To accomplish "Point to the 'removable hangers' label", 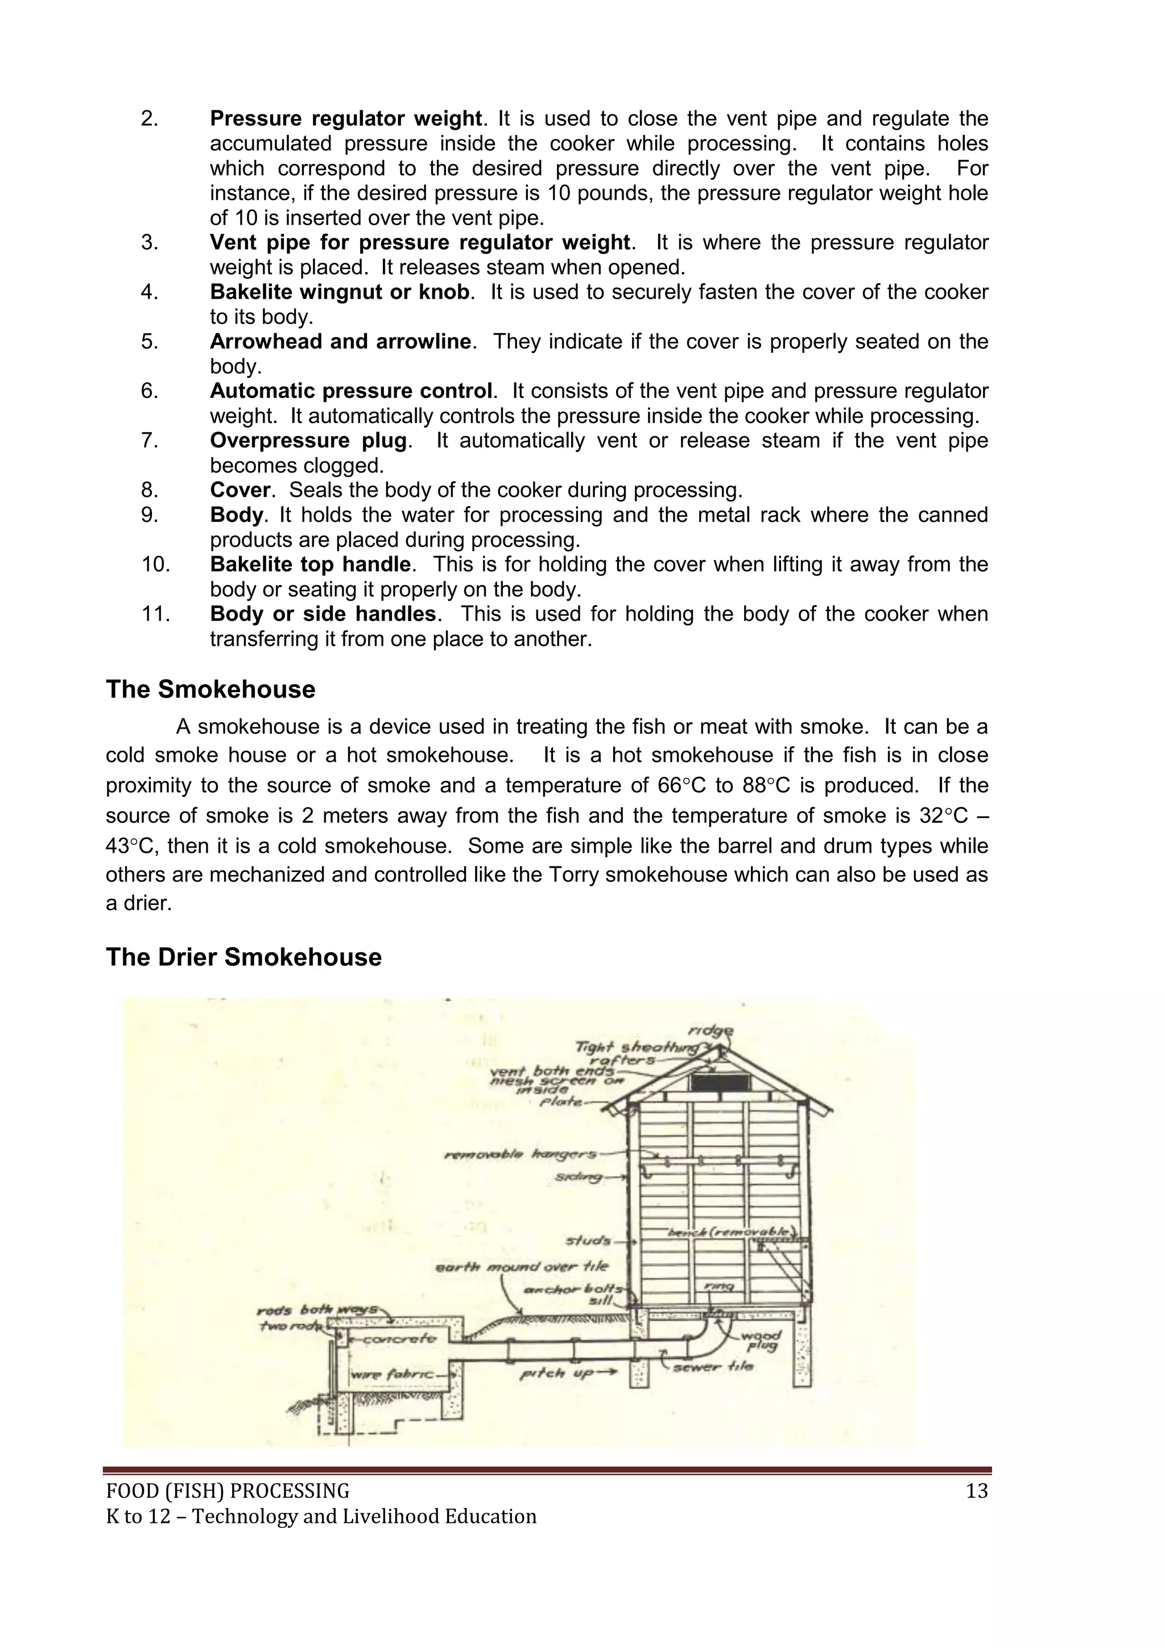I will [520, 1155].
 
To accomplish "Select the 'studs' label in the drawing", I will [588, 1240].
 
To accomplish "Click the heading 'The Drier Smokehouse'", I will [243, 957].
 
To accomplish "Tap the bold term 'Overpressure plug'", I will [308, 441].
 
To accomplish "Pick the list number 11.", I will [155, 614].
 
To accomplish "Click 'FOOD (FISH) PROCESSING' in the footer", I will [228, 1491].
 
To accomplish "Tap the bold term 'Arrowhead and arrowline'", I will [341, 342].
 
